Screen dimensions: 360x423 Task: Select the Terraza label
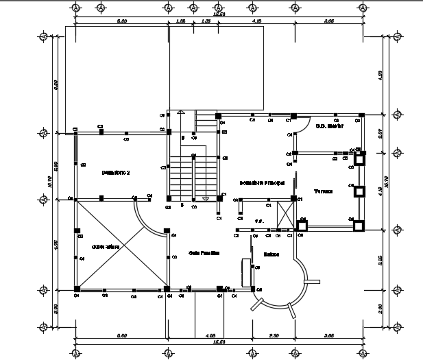click(x=323, y=191)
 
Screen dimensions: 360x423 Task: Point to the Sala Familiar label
click(x=204, y=253)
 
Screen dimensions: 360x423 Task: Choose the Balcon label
click(x=271, y=254)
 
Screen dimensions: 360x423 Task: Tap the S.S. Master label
click(x=328, y=126)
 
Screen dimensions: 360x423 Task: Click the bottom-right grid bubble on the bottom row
click(x=361, y=353)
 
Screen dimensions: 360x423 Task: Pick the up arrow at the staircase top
click(x=179, y=112)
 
